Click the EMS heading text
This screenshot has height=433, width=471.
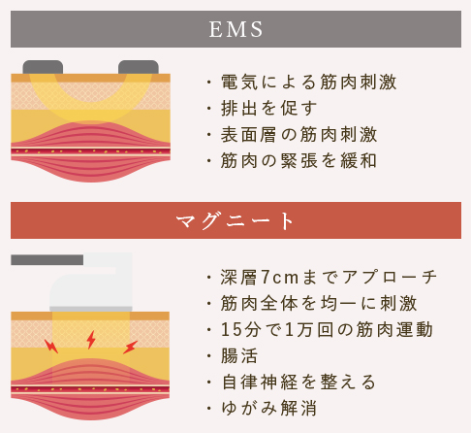tap(235, 29)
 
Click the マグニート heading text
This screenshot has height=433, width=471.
tap(235, 220)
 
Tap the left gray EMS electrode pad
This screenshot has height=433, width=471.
tap(43, 67)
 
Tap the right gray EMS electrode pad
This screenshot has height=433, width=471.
tap(139, 67)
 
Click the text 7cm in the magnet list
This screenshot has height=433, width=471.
tap(280, 278)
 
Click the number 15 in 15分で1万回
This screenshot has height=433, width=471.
tap(232, 330)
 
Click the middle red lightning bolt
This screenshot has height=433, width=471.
tap(91, 340)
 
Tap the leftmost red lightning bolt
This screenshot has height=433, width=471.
tap(51, 346)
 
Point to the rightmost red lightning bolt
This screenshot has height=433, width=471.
tap(131, 348)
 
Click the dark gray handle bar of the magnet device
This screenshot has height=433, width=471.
tap(47, 260)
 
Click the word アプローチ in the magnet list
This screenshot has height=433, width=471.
tap(389, 278)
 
